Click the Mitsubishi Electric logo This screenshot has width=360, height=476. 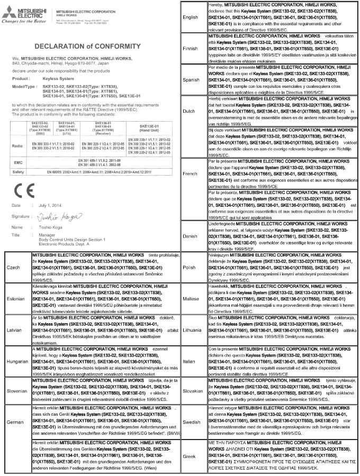pos(21,12)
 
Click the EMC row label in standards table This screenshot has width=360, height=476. pos(16,162)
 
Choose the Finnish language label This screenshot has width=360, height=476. pos(190,48)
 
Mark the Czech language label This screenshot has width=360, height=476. pos(15,268)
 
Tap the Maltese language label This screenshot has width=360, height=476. pos(190,299)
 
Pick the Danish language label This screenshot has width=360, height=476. pos(190,236)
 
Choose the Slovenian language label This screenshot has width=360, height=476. pos(16,393)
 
